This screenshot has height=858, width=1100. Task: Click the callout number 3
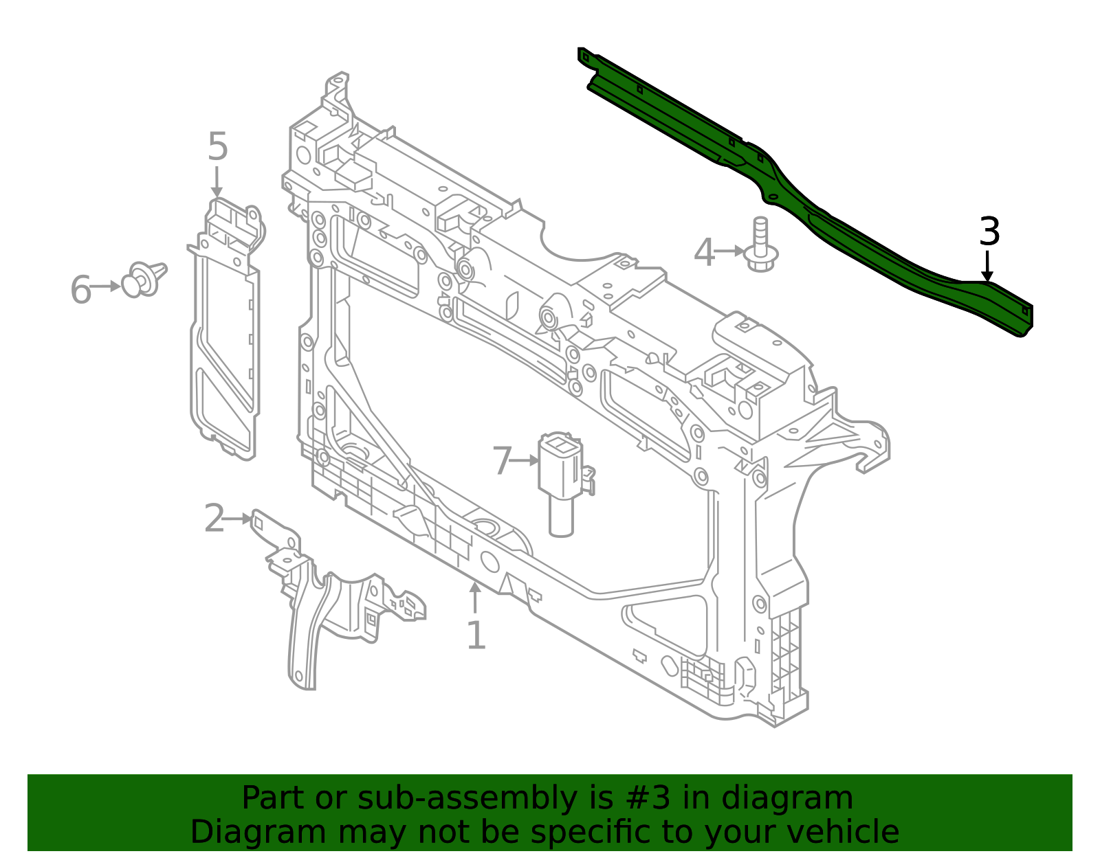click(989, 232)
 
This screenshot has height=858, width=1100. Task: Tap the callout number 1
click(476, 635)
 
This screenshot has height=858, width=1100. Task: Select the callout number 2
click(214, 519)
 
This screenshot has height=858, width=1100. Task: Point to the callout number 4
click(704, 253)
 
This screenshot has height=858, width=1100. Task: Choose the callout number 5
click(217, 147)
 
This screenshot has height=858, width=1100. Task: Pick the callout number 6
click(81, 289)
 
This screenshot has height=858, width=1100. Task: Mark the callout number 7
click(503, 461)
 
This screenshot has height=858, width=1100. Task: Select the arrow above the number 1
click(474, 598)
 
